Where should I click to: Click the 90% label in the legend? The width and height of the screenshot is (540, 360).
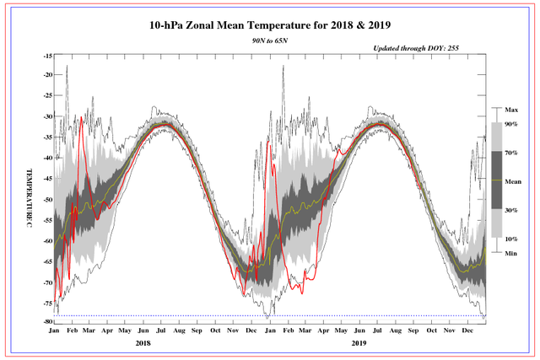click(511, 124)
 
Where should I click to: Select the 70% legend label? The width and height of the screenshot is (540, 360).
click(511, 153)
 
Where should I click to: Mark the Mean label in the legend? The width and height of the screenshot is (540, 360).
click(513, 180)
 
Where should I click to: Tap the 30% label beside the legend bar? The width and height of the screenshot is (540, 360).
click(511, 209)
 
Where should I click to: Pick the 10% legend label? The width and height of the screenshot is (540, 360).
click(511, 238)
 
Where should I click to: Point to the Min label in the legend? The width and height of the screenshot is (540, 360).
click(511, 252)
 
